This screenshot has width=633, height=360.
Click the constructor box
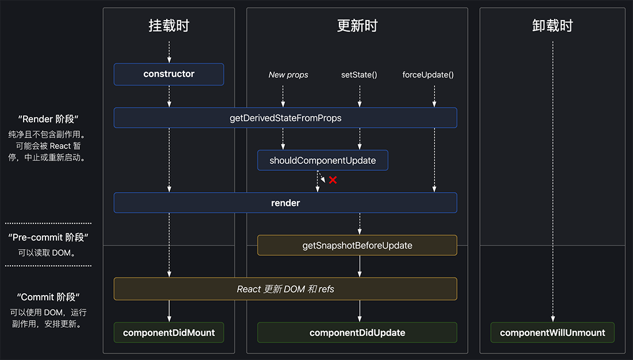click(169, 74)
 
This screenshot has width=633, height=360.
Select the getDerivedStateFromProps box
click(285, 118)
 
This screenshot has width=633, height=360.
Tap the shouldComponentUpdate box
click(322, 160)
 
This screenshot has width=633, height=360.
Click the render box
click(285, 203)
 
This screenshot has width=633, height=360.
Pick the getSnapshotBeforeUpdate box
click(357, 246)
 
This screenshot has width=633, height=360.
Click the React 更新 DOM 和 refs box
click(285, 289)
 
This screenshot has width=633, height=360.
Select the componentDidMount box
click(169, 332)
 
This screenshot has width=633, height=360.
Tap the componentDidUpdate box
click(357, 332)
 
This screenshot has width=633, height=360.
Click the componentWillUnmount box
click(552, 332)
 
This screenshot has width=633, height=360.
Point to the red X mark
click(333, 180)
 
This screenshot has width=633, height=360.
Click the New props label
click(288, 75)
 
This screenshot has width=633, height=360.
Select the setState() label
click(359, 75)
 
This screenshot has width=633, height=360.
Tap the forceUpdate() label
click(428, 75)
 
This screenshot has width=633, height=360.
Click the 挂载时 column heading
click(169, 26)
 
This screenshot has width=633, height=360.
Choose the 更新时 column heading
click(357, 26)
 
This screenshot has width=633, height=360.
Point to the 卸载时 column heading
click(552, 26)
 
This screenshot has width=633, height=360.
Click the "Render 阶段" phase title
click(48, 119)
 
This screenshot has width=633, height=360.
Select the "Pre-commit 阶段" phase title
click(48, 238)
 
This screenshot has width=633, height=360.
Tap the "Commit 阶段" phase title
click(48, 297)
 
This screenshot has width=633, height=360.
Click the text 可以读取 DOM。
click(48, 252)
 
